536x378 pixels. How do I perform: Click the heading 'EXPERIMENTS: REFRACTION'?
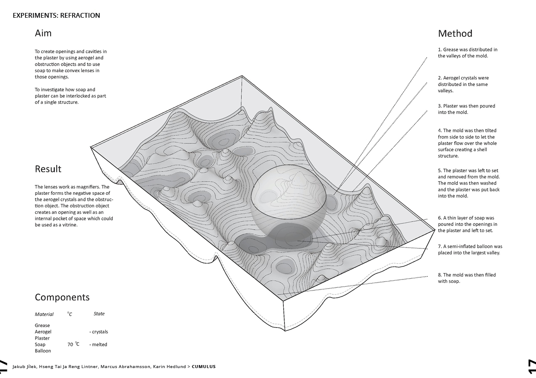(56, 16)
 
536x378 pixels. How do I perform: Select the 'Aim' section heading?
(43, 33)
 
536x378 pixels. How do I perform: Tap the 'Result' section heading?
(48, 169)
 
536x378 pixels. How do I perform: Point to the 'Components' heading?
(62, 297)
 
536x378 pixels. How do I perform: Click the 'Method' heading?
(455, 34)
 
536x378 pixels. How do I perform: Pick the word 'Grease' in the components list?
(42, 325)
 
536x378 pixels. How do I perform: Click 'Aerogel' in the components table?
(43, 332)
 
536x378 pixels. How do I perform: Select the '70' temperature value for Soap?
(70, 345)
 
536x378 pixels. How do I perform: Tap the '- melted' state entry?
(98, 345)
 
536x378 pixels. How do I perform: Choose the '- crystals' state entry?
(98, 332)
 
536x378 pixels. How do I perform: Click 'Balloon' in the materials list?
(43, 351)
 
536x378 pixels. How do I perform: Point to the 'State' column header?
(99, 314)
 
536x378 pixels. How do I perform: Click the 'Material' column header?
(44, 314)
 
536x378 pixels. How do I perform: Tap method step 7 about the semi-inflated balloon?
(470, 249)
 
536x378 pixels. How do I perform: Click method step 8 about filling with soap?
(466, 278)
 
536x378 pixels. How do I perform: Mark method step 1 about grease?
(467, 53)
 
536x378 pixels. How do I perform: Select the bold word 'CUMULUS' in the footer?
(203, 367)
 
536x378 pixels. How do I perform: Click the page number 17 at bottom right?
(531, 366)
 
